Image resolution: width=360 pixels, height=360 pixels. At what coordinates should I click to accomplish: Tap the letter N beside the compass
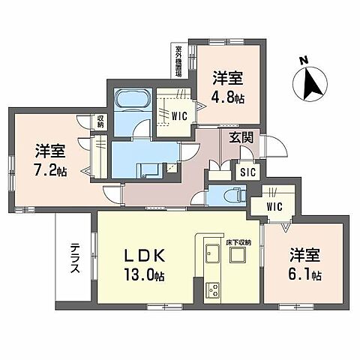tap(303, 61)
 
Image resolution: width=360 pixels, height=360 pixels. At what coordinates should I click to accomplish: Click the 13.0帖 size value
tap(143, 275)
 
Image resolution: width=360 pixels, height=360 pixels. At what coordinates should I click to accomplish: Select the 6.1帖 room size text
tap(305, 275)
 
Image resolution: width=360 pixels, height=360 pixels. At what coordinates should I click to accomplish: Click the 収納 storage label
tap(100, 121)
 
